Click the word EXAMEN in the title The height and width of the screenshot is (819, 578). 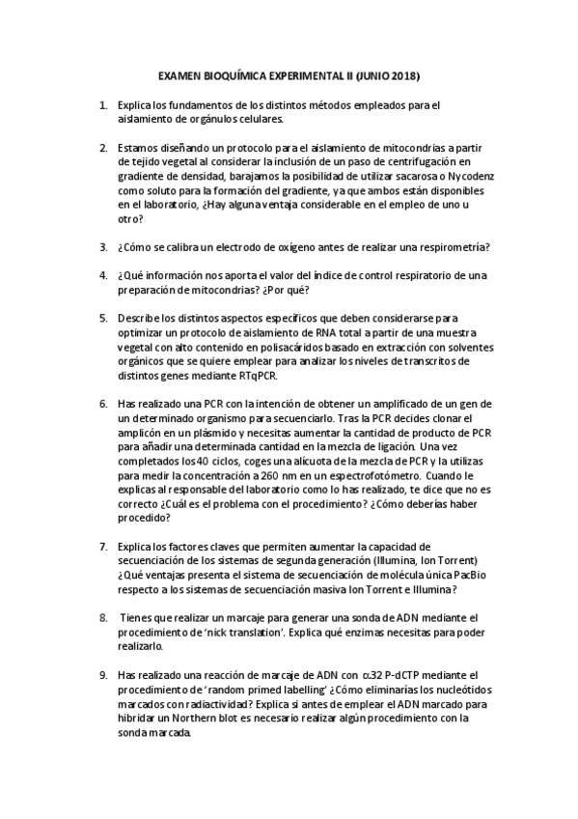(179, 74)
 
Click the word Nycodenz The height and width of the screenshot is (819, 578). (469, 189)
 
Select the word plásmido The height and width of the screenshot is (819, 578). (188, 446)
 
